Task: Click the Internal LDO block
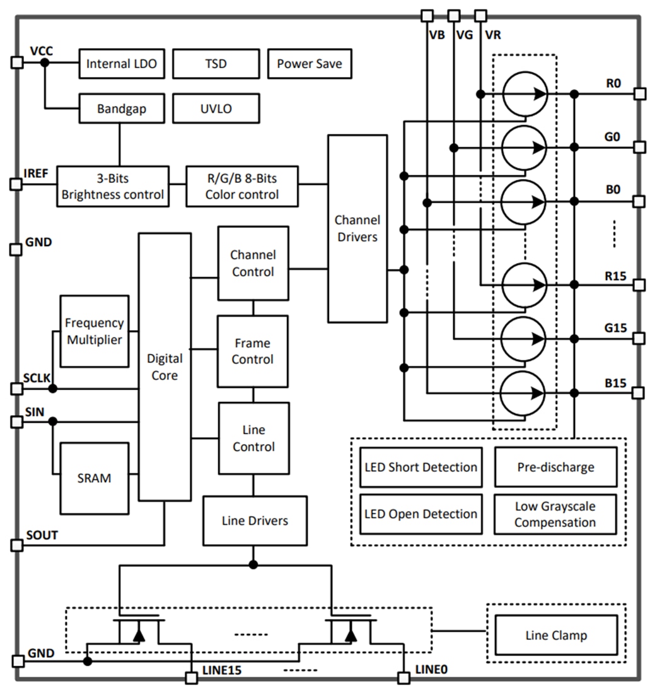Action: (x=121, y=64)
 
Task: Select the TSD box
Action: (x=216, y=64)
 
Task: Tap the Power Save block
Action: (x=309, y=64)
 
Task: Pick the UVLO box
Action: (x=216, y=109)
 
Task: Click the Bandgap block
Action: (x=121, y=109)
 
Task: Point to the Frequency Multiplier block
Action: (x=94, y=331)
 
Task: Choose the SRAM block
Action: (x=94, y=478)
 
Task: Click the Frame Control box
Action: (x=253, y=351)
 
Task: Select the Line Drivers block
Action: (x=255, y=520)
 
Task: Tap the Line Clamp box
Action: (x=555, y=635)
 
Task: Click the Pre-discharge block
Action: (x=555, y=468)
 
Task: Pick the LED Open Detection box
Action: (x=420, y=514)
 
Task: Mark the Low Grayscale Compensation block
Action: (x=555, y=514)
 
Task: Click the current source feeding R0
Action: (x=525, y=94)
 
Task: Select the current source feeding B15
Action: (x=525, y=392)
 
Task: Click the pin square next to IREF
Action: (x=16, y=184)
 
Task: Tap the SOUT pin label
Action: (x=42, y=535)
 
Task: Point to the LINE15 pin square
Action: (x=191, y=678)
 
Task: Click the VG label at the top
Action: (x=464, y=35)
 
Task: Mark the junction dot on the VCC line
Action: (x=45, y=63)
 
